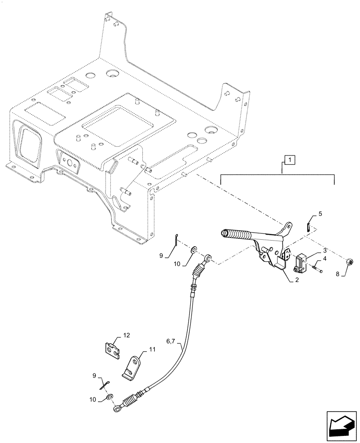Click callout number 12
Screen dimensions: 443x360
(127, 336)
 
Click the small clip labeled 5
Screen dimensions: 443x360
(309, 225)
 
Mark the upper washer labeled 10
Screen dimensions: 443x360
(194, 252)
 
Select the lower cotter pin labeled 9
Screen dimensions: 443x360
(106, 384)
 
